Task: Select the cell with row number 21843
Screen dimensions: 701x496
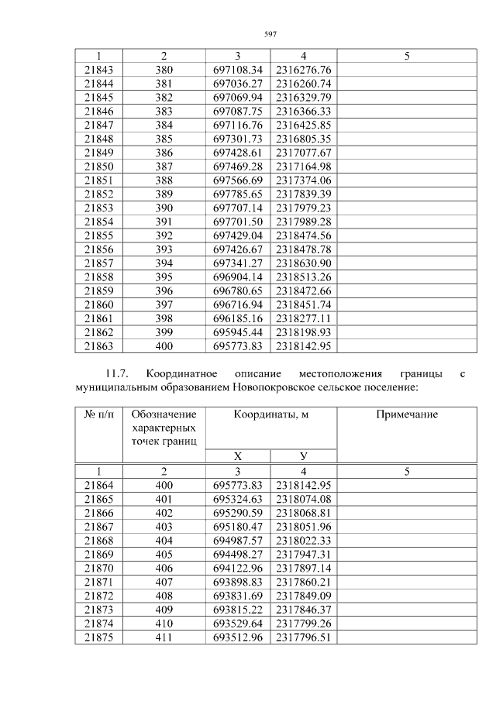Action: [x=98, y=70]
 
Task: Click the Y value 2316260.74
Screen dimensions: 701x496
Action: [x=303, y=84]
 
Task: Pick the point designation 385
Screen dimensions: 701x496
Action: [x=164, y=138]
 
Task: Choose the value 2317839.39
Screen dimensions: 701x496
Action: [x=303, y=192]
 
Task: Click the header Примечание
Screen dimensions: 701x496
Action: [x=407, y=414]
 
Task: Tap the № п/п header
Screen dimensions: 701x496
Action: [x=98, y=414]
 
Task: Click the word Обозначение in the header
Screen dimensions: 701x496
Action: [x=164, y=414]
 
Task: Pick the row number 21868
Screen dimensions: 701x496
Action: [x=98, y=539]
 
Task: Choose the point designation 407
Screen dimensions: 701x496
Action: [x=164, y=580]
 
